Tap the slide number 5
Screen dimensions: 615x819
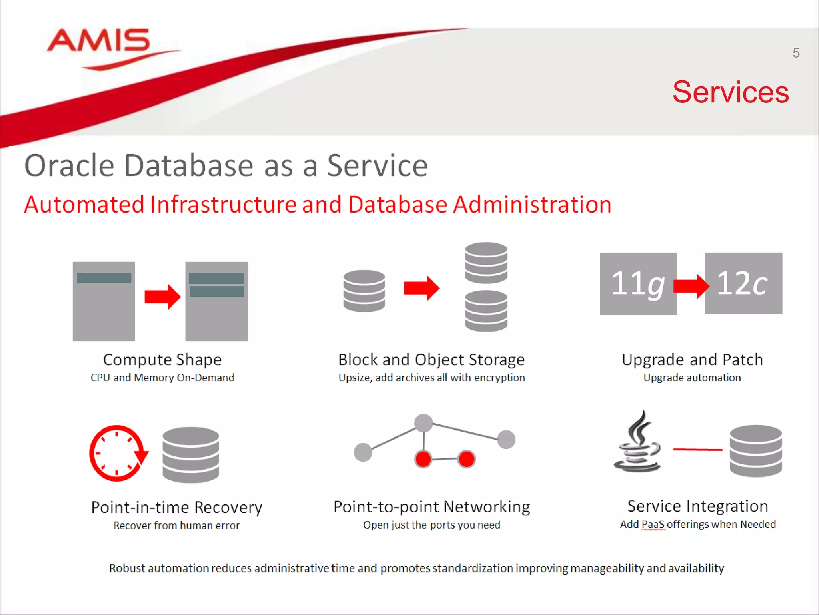coord(796,53)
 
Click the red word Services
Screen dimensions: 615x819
coord(730,92)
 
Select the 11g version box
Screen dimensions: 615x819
coord(638,283)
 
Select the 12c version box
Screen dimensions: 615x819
coord(743,283)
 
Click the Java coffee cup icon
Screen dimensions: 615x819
coord(637,442)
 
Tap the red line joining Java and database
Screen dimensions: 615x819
coord(697,450)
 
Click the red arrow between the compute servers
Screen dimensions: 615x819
coord(162,297)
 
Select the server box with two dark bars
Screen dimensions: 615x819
coord(216,301)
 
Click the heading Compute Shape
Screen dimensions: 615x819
coord(162,360)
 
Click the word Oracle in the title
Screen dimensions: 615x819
coord(69,166)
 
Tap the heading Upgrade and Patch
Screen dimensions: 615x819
coord(692,360)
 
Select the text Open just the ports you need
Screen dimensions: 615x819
coord(431,525)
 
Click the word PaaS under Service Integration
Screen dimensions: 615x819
coord(653,524)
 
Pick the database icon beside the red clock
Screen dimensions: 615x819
coord(191,454)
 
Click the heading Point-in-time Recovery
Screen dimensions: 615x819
coord(176,507)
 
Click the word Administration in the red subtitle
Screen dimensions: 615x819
coord(532,205)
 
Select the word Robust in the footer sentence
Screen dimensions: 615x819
coord(126,568)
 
